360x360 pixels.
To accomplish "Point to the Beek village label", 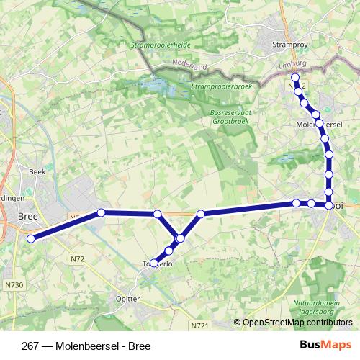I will (37, 172).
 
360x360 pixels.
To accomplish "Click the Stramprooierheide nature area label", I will (161, 45).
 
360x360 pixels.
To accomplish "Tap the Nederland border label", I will (191, 66).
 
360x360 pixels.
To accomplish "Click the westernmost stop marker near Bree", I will (31, 238).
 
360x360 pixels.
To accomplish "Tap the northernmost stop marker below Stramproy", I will (294, 77).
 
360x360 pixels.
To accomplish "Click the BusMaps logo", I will (325, 346).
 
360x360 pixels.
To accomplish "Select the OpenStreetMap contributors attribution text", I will (297, 323).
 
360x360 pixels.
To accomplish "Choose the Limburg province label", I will (292, 65).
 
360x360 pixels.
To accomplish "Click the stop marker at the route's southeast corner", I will (329, 205).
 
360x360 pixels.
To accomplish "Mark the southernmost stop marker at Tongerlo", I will (155, 264).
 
